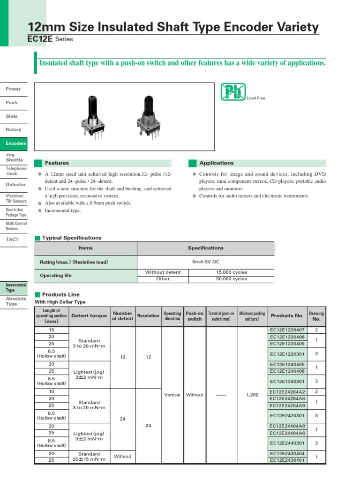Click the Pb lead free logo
point(233,92)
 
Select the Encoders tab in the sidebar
point(16,143)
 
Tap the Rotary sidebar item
point(14,129)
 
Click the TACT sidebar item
point(13,240)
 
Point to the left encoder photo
point(92,117)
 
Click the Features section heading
point(57,163)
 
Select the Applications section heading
point(216,163)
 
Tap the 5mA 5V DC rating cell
point(206,262)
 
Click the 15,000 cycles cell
point(231,272)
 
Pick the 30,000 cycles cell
point(231,279)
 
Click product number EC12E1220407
point(287,330)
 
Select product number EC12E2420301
point(287,415)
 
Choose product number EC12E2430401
point(287,460)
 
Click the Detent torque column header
point(89,316)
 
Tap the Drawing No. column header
point(316,316)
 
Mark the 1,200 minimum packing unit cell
point(252,395)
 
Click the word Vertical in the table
point(172,395)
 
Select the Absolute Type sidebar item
point(16,301)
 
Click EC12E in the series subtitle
point(40,39)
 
